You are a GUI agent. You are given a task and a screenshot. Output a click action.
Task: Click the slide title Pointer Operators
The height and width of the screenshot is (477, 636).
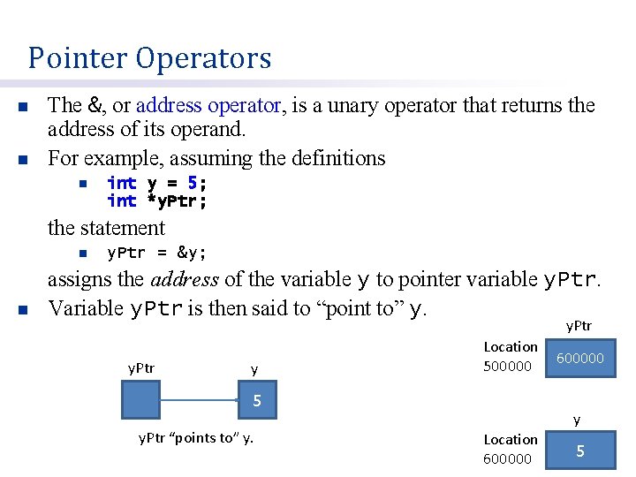click(x=149, y=58)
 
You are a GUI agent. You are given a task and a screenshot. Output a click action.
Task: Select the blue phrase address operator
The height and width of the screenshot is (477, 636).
click(x=209, y=106)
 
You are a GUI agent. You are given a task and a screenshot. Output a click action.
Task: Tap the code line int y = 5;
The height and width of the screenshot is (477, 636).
click(x=156, y=183)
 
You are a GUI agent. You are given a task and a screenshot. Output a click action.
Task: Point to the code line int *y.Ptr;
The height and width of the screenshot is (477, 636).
click(x=156, y=201)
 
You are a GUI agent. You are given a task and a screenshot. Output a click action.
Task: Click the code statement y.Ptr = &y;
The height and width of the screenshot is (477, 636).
click(x=156, y=254)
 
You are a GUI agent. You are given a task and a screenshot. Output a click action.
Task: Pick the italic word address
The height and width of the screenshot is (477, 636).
click(x=185, y=280)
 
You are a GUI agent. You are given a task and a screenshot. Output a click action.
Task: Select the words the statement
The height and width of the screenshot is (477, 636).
click(x=106, y=228)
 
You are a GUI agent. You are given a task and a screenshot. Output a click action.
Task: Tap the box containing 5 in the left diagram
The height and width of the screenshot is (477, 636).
click(x=257, y=401)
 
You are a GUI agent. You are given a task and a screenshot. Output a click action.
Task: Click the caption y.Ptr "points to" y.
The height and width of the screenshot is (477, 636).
click(x=196, y=437)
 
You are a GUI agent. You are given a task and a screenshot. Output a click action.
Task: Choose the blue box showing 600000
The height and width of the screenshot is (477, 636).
click(x=580, y=359)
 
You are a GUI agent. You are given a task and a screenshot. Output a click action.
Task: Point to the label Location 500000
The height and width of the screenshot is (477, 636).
click(x=510, y=356)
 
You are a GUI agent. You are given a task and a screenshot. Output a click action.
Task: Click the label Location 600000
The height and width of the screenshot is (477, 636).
click(x=510, y=449)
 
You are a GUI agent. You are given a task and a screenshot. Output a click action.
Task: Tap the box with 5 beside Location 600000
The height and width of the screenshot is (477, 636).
click(x=580, y=450)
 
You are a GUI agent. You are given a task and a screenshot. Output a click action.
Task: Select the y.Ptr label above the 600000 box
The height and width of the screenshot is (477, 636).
click(x=579, y=327)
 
